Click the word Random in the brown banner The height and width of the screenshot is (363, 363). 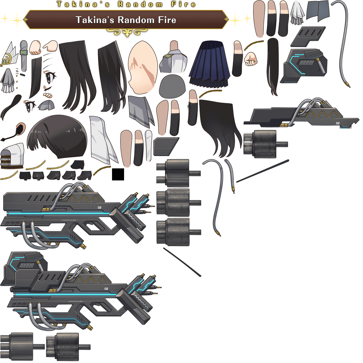coord(136,20)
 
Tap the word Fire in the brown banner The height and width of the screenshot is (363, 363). coord(167,20)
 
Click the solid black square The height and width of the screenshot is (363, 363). coord(118,174)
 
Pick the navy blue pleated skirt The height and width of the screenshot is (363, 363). coord(210,64)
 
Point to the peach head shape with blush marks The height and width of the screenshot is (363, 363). coord(143,67)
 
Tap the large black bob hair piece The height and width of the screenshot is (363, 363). coord(57,136)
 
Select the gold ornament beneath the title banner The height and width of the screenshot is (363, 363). coord(127,32)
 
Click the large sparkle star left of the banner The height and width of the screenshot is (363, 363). coord(17,20)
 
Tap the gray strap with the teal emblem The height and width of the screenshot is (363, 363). coord(24,56)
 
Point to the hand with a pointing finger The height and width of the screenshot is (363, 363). coord(50,46)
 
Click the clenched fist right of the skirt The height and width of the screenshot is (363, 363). coord(251,59)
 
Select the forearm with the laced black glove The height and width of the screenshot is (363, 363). coord(192,108)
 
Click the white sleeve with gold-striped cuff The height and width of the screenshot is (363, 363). coord(12,156)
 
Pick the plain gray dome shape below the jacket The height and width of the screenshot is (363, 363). coord(172,86)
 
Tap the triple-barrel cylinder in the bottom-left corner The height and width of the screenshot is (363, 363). coord(22,346)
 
